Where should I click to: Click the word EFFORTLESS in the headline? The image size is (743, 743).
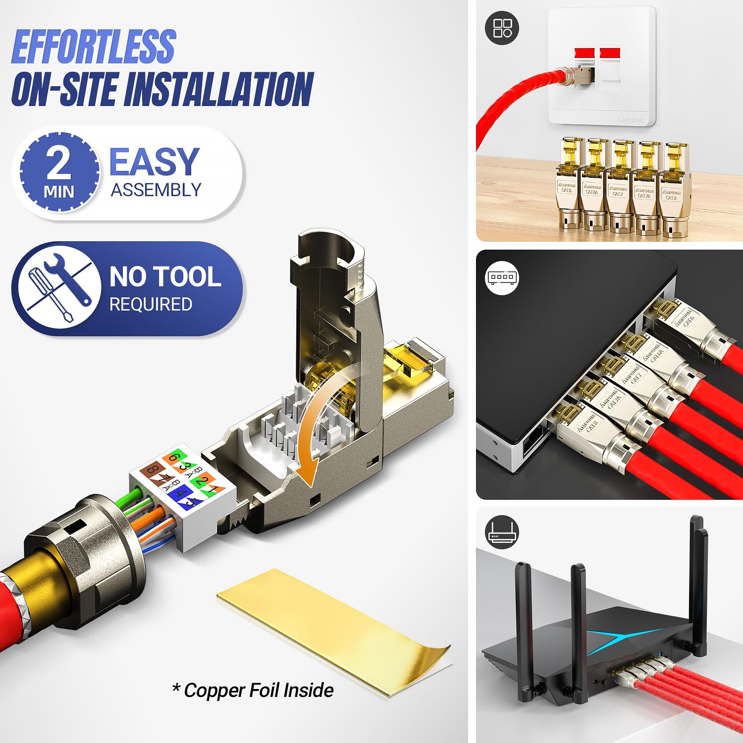(93, 47)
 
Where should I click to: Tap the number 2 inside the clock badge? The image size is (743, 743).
(58, 163)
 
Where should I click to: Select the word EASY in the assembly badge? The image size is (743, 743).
(154, 162)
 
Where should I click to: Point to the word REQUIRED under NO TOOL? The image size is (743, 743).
(151, 304)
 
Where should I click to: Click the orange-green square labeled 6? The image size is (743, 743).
(175, 458)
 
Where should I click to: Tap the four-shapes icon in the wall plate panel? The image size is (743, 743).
(502, 28)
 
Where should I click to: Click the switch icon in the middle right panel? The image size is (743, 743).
(502, 277)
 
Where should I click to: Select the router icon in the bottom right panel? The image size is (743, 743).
(502, 532)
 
